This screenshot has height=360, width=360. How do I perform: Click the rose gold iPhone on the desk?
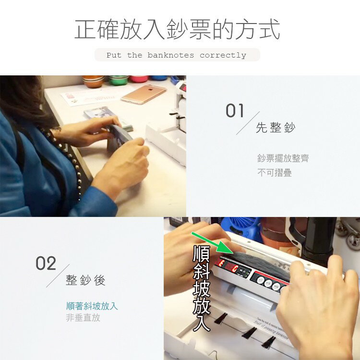click(x=144, y=94)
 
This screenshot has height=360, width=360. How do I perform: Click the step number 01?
click(x=235, y=110)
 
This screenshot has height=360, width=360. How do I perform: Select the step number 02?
click(x=46, y=263)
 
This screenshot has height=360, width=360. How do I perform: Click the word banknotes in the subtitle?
click(x=170, y=55)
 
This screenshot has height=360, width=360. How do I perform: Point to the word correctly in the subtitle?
click(x=223, y=55)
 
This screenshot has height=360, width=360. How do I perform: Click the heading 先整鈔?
click(x=276, y=127)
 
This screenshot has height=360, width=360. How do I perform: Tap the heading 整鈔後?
click(x=85, y=280)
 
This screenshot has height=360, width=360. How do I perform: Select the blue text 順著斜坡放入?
click(x=92, y=306)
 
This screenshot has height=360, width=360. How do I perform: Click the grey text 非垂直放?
click(x=83, y=318)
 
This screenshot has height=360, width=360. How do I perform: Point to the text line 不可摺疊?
click(x=275, y=172)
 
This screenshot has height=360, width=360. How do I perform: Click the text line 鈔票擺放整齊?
click(x=283, y=158)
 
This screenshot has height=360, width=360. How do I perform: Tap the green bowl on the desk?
click(x=119, y=80)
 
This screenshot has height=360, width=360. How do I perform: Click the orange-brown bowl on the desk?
click(x=94, y=81)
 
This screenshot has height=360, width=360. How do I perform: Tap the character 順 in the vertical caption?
click(x=201, y=254)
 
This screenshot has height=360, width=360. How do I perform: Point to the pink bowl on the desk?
click(x=138, y=79)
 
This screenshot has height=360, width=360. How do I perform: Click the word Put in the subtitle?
click(x=114, y=55)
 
